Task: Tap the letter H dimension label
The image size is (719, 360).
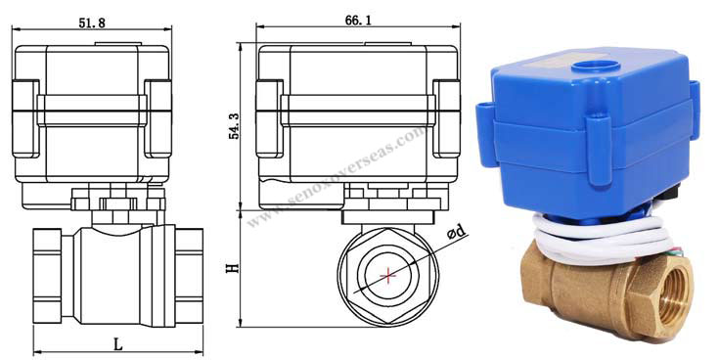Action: tap(232, 266)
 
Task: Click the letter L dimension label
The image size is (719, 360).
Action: tap(117, 343)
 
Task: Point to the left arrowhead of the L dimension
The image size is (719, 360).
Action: tap(37, 351)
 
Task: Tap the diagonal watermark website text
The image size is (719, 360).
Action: tap(337, 176)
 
